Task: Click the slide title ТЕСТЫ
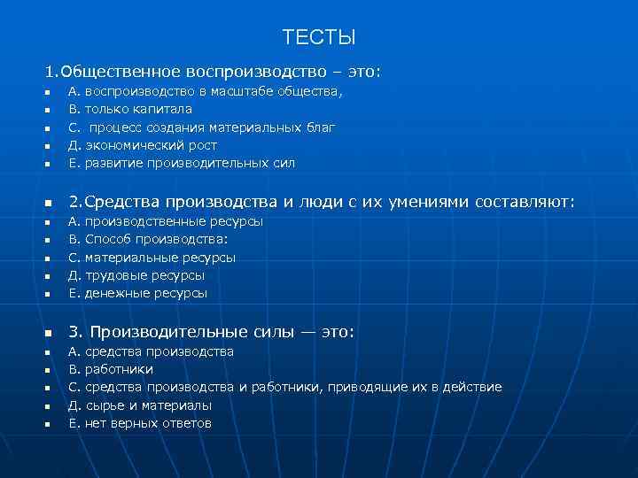319,37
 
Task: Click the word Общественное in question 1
120,70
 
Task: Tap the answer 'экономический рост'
151,145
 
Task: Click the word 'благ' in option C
321,127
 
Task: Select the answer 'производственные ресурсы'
173,221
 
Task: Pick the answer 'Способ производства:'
156,239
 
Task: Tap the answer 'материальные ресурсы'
159,258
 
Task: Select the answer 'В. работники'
111,369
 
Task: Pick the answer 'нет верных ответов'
147,423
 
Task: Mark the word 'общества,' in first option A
309,91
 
